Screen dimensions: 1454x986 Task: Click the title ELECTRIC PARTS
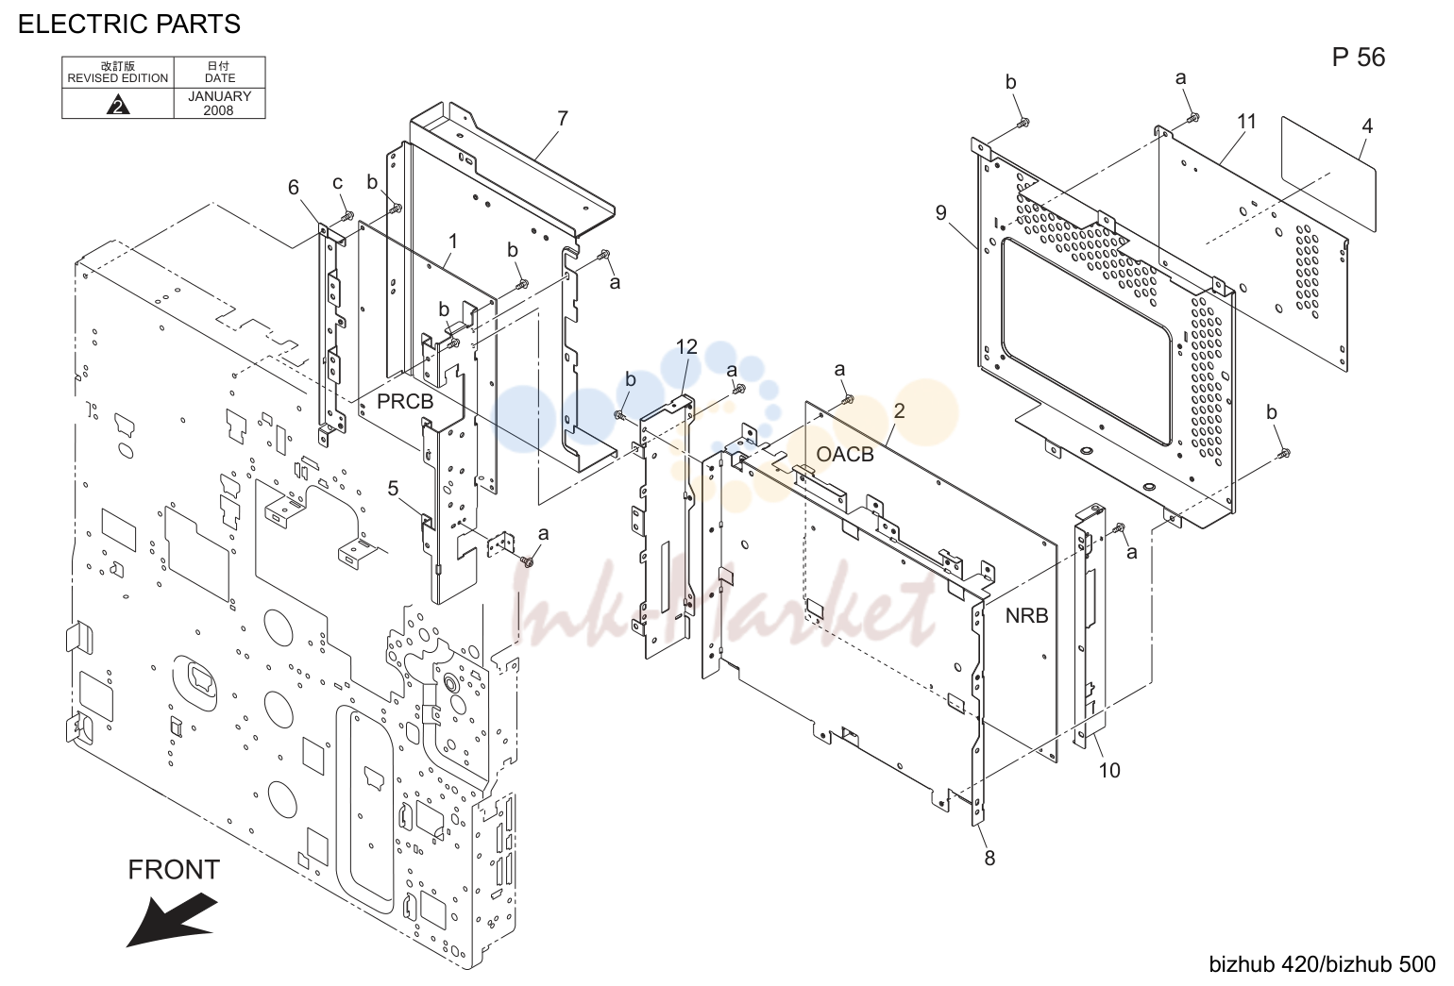(128, 25)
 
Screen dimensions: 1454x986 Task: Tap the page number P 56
(1359, 58)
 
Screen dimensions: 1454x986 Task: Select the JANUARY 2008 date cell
(219, 103)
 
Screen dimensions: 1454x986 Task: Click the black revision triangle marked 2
(117, 105)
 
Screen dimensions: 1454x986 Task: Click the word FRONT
(174, 870)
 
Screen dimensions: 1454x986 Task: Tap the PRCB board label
(405, 402)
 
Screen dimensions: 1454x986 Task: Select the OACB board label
(844, 454)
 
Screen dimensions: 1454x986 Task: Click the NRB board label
(1027, 615)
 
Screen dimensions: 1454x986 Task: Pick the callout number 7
(562, 119)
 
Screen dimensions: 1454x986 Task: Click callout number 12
(686, 347)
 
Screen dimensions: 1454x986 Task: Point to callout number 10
(1109, 771)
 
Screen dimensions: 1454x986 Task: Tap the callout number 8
(989, 859)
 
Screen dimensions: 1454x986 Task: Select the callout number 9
(941, 213)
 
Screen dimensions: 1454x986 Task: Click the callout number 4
(1367, 125)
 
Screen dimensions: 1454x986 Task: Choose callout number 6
(294, 188)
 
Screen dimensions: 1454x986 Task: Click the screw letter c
(338, 183)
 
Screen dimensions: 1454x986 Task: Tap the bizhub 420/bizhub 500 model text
(1322, 964)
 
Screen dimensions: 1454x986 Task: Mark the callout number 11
(1246, 122)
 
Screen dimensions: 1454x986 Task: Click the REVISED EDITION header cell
(117, 72)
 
